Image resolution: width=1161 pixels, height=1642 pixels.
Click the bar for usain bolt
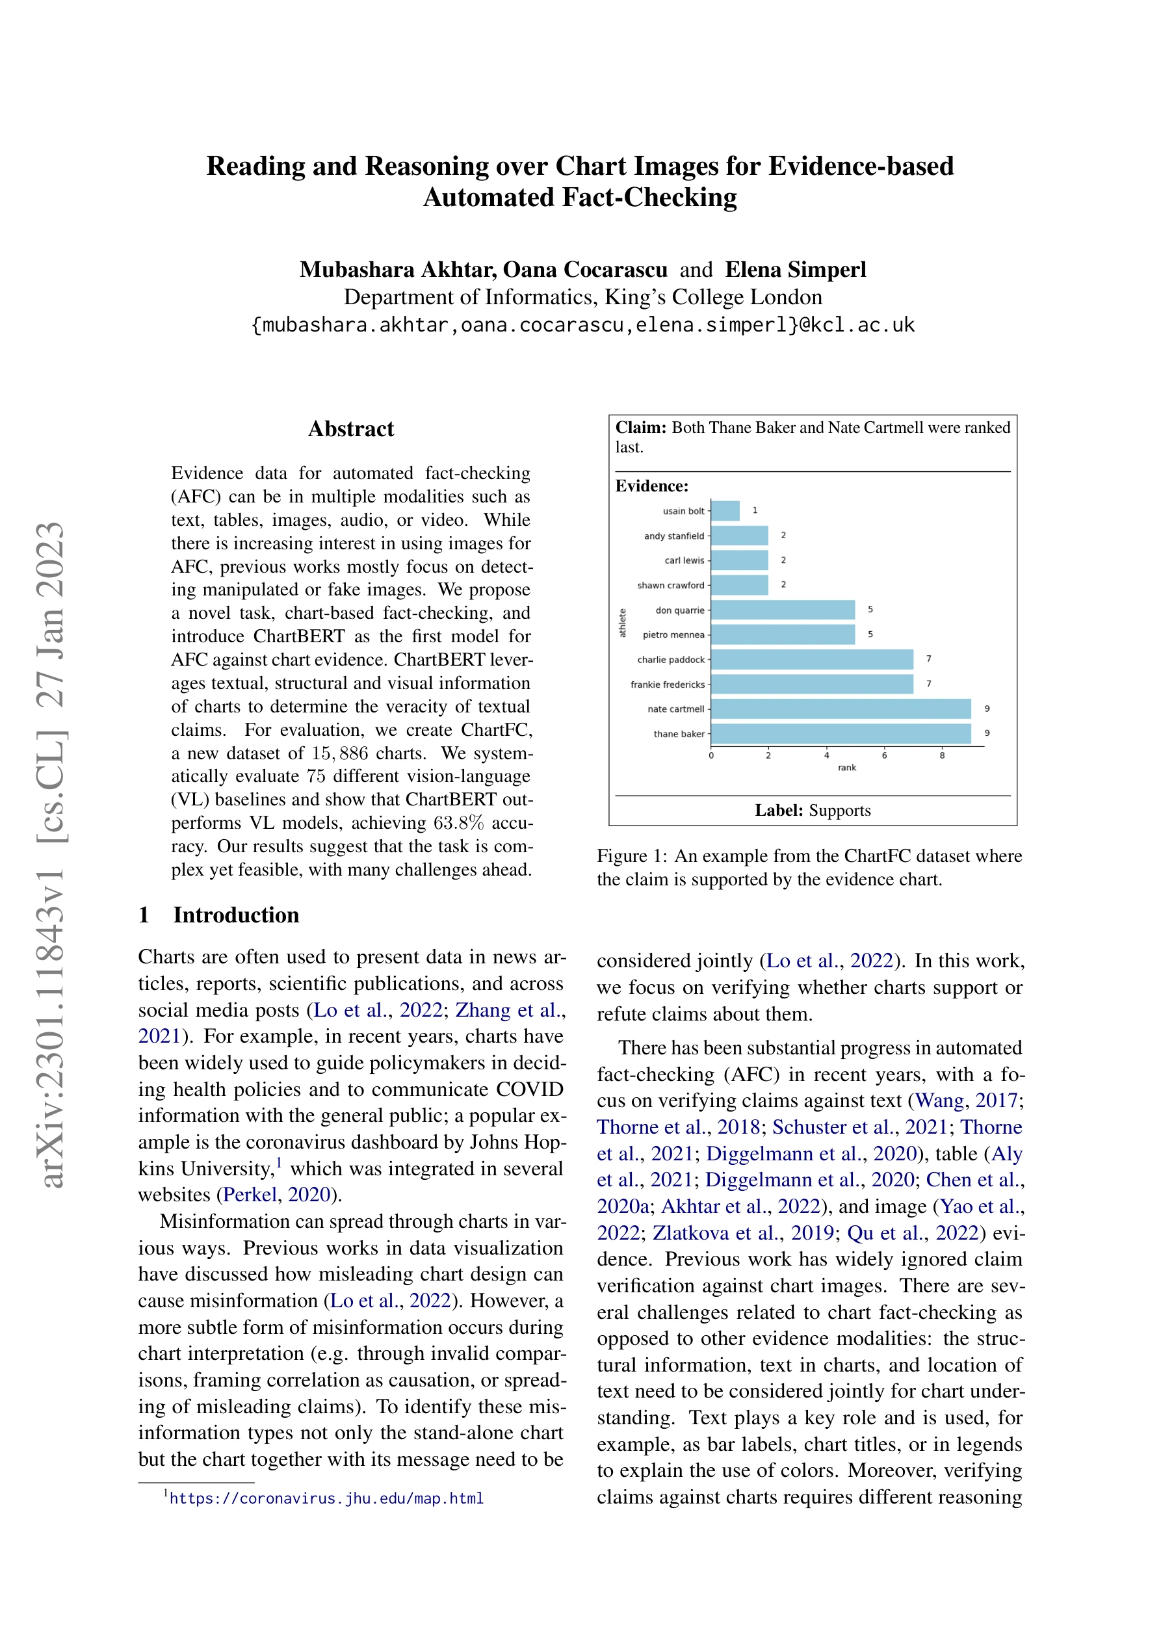pos(725,511)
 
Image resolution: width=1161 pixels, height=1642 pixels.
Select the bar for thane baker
pos(841,734)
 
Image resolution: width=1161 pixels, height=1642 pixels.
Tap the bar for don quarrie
pos(783,610)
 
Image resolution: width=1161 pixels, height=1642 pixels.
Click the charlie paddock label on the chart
pos(670,659)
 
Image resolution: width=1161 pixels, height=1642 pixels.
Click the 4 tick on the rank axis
pos(826,755)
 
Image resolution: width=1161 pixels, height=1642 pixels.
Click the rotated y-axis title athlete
pos(622,622)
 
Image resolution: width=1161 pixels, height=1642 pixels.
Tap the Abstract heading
pos(350,429)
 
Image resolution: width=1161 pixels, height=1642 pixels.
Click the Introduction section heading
pos(236,915)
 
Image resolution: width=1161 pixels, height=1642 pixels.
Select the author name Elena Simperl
pos(796,270)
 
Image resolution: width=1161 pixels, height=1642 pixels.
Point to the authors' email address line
pos(583,326)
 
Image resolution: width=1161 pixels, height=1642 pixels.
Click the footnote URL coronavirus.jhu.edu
pos(326,1498)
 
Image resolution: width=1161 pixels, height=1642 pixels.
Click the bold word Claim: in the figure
pos(641,428)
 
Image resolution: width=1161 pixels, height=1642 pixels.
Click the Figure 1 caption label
pos(633,856)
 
